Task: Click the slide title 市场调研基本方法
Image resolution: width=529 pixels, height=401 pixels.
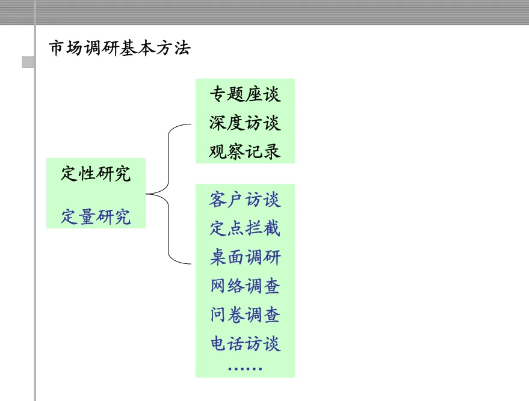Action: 120,49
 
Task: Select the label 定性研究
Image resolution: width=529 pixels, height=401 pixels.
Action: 96,174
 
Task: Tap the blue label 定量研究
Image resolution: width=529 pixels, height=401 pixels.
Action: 96,216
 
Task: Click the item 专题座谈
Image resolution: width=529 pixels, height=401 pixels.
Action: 245,94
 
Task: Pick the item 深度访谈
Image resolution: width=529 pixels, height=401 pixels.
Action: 245,123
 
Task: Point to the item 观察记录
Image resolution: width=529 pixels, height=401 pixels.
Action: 245,151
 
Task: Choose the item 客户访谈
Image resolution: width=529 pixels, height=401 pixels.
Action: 245,199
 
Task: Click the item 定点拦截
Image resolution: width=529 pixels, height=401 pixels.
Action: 245,228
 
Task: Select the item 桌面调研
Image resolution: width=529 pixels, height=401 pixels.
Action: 245,257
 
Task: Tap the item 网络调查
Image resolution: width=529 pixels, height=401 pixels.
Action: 245,286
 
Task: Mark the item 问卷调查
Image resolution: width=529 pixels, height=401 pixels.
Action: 245,315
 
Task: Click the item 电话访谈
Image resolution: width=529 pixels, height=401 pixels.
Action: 245,344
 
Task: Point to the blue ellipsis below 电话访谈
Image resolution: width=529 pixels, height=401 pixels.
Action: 245,369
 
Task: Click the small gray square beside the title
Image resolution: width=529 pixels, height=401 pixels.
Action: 28,62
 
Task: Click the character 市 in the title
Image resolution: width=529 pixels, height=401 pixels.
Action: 57,49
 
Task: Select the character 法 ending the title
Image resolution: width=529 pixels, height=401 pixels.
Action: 182,49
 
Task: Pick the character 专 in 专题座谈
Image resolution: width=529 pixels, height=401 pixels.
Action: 218,94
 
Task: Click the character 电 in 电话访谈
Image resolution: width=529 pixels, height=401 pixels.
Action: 218,344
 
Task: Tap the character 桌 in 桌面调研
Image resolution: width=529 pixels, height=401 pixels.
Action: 218,257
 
